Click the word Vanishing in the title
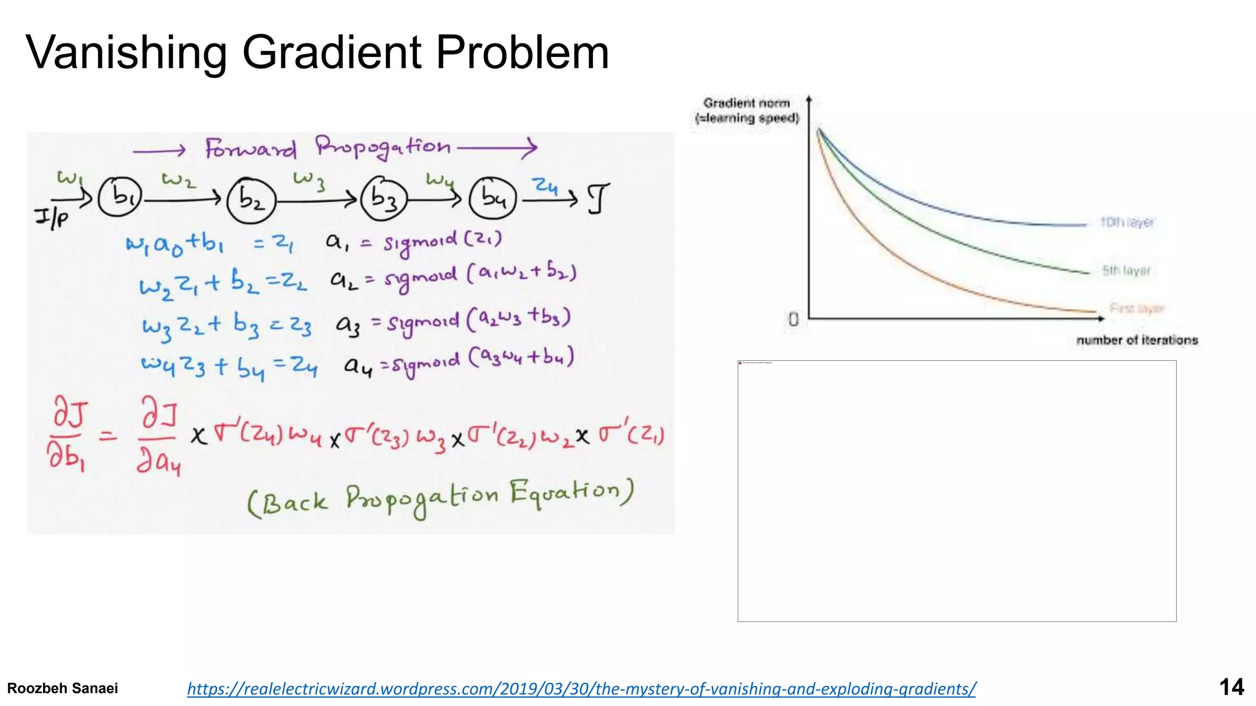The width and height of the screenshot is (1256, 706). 126,53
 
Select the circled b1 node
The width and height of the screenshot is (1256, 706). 120,197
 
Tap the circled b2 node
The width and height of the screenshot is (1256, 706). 251,200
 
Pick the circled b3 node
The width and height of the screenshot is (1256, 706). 384,198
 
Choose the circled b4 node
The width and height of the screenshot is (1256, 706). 493,197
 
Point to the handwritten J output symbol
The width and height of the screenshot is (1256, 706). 598,199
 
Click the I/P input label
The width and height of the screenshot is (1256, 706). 52,217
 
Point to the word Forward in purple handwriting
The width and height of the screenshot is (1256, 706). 250,149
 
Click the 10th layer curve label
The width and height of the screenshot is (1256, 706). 1127,222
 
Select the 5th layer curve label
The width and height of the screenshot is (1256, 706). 1126,271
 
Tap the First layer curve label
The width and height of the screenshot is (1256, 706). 1136,308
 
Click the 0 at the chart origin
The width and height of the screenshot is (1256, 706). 794,319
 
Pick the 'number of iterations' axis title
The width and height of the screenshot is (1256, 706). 1137,340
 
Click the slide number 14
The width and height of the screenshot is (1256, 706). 1231,687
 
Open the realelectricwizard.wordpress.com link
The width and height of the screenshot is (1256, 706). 581,689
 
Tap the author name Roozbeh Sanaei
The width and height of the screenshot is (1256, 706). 63,688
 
